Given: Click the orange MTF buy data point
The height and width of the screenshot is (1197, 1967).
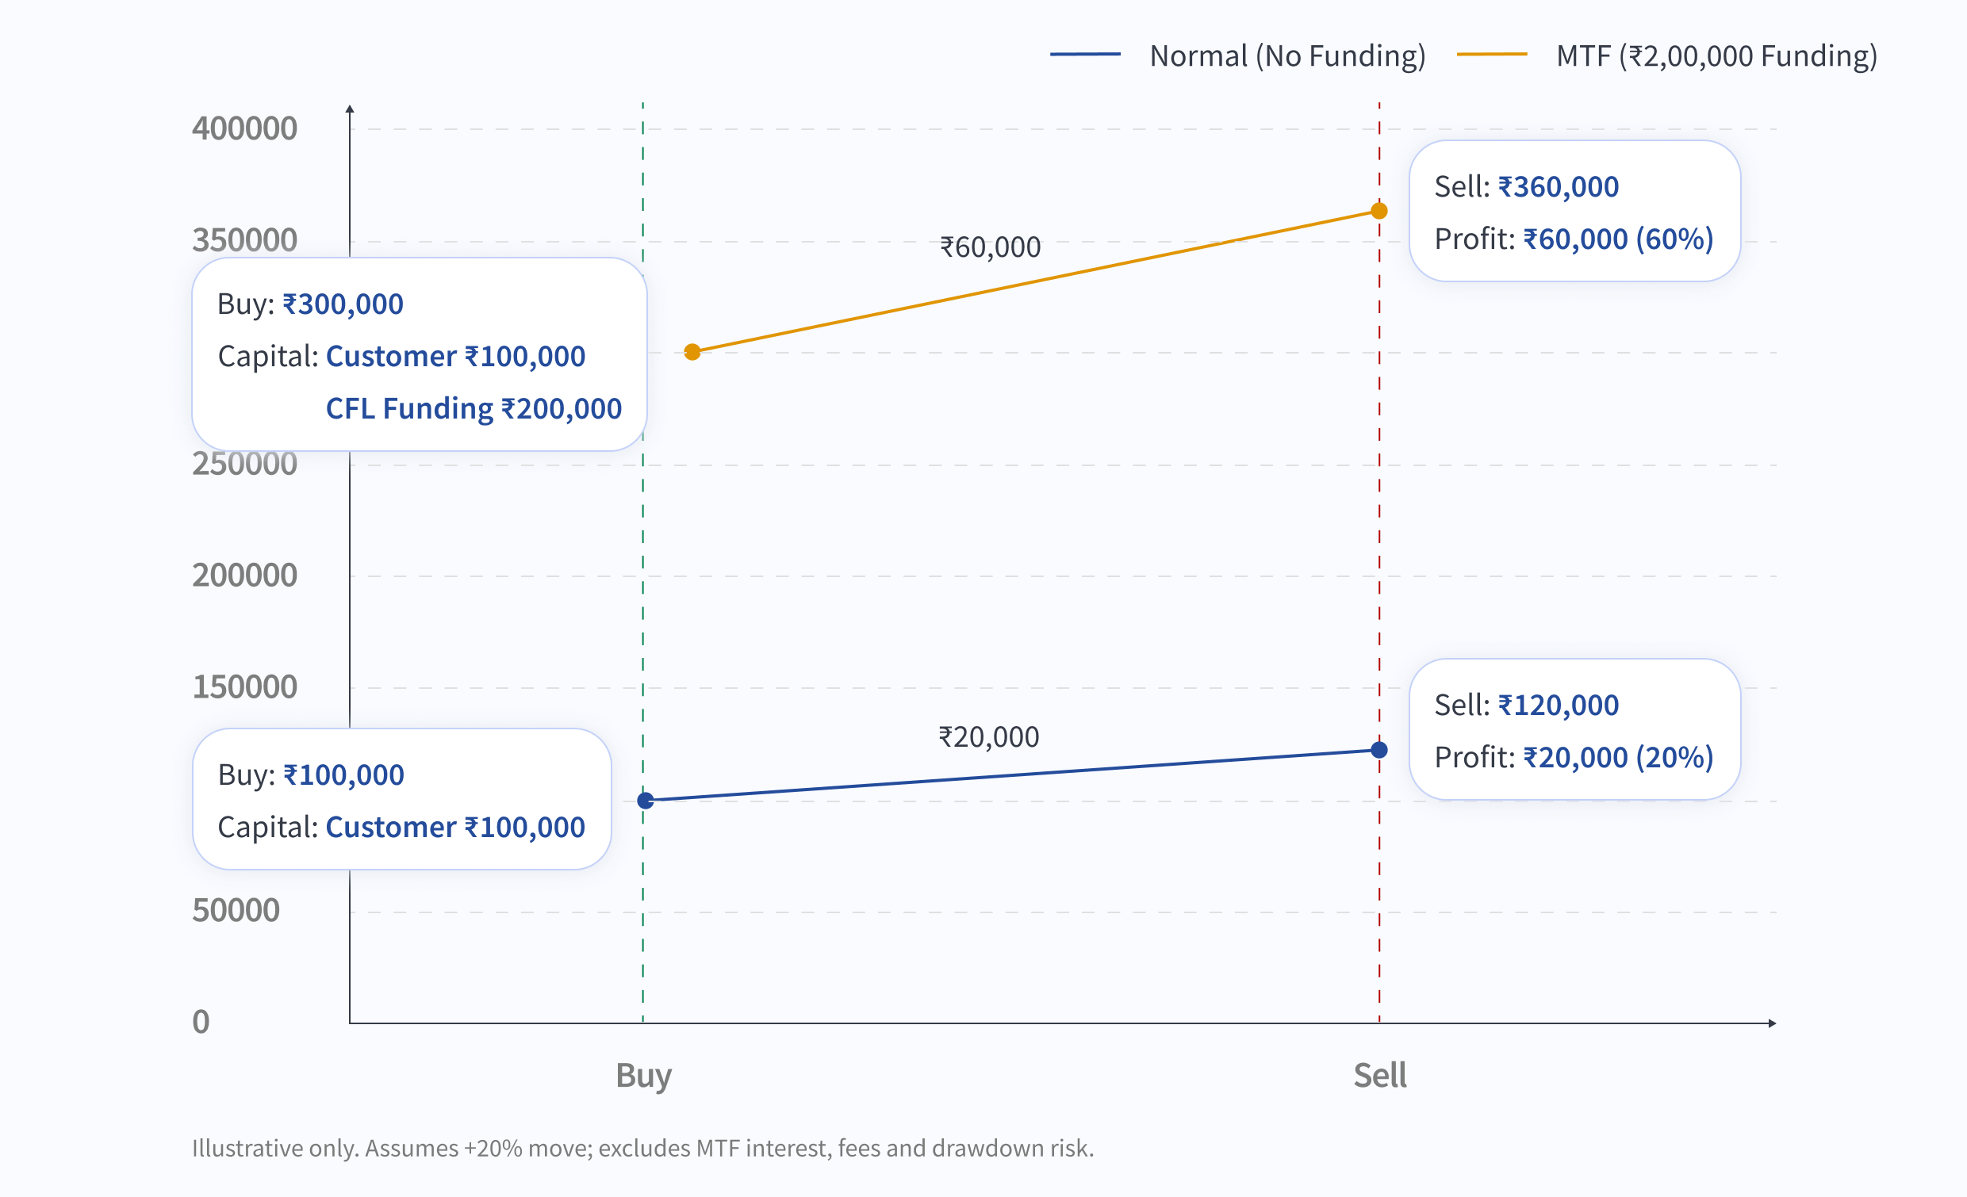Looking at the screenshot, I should click(x=692, y=352).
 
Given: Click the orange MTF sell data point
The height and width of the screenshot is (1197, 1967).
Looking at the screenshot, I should click(x=1378, y=211).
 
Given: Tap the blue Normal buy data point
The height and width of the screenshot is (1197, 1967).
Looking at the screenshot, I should click(x=646, y=801).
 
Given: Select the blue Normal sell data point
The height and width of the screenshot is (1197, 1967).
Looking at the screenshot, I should click(x=1378, y=749).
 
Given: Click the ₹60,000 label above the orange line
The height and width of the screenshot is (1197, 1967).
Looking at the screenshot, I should click(x=990, y=247).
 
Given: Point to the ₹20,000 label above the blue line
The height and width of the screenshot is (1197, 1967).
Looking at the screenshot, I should click(x=988, y=736).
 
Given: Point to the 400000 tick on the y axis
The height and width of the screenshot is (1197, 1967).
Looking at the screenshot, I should click(x=244, y=128).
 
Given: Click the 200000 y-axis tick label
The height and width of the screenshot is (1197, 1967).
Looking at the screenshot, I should click(x=244, y=576).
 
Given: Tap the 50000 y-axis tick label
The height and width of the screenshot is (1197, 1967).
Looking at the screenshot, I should click(x=236, y=911).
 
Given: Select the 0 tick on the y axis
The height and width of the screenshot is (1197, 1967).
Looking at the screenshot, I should click(x=201, y=1023).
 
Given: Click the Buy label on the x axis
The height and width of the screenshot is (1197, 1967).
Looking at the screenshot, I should click(x=643, y=1076).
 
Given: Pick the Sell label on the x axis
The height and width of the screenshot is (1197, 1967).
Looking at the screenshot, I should click(x=1379, y=1076).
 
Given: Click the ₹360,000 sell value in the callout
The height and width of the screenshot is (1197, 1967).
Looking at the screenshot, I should click(x=1559, y=187).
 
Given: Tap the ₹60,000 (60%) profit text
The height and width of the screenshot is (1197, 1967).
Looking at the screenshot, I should click(x=1618, y=239).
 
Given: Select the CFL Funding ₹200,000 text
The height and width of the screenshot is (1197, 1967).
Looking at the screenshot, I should click(x=474, y=408).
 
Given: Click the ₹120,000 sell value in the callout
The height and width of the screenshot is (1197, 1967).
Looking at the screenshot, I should click(x=1559, y=706).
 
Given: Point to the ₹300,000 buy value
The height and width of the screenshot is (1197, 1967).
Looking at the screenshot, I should click(x=343, y=304).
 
